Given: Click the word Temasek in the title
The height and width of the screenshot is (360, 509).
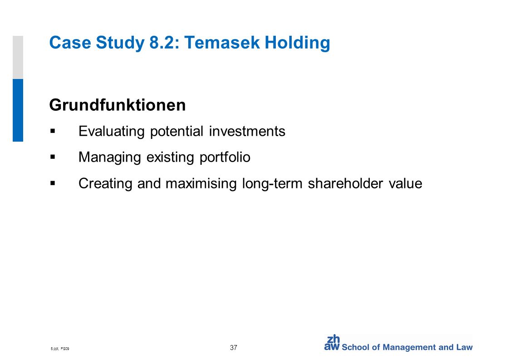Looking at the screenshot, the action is pyautogui.click(x=222, y=43).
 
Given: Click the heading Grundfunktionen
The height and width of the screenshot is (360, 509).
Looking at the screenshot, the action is pyautogui.click(x=117, y=105).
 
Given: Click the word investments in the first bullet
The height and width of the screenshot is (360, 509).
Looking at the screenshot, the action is pyautogui.click(x=247, y=131).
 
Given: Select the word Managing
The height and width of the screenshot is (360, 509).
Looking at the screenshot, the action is pyautogui.click(x=109, y=158).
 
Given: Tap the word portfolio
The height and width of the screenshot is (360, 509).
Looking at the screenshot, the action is pyautogui.click(x=225, y=158).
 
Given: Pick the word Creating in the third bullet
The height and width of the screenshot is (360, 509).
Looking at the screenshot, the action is pyautogui.click(x=105, y=183).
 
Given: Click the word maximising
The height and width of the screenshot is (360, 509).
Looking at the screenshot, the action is pyautogui.click(x=201, y=183).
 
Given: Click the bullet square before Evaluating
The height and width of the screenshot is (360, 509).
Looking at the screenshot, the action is pyautogui.click(x=53, y=131).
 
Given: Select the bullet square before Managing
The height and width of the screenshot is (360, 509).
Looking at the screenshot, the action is pyautogui.click(x=53, y=157).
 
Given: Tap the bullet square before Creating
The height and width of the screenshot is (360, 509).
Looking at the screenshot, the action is pyautogui.click(x=53, y=183).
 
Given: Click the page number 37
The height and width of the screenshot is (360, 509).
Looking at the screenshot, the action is pyautogui.click(x=233, y=347).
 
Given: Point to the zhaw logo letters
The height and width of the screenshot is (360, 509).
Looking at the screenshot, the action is pyautogui.click(x=332, y=343).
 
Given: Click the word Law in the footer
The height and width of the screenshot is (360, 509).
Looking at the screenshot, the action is pyautogui.click(x=465, y=347).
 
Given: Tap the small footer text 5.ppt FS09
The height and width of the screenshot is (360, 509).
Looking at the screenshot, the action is pyautogui.click(x=60, y=349).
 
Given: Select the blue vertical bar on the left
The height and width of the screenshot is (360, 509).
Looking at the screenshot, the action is pyautogui.click(x=18, y=110).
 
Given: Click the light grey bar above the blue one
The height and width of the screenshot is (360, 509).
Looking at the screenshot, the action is pyautogui.click(x=18, y=58).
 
